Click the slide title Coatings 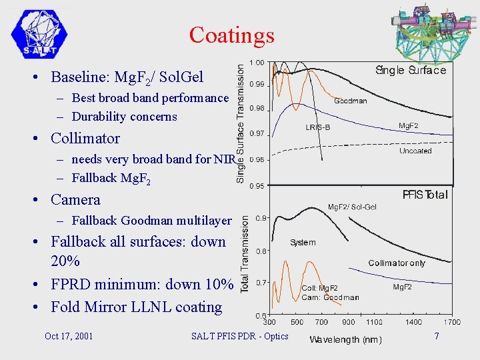(x=231, y=35)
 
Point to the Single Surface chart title (x=411, y=70)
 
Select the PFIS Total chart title (x=425, y=195)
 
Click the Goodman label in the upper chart (x=350, y=101)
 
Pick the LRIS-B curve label (x=319, y=127)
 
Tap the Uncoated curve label (x=415, y=151)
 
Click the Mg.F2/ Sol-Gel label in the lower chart (x=352, y=207)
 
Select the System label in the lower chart (x=303, y=243)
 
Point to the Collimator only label (x=397, y=263)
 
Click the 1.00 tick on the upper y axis (x=256, y=63)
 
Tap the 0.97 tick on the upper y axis (x=256, y=134)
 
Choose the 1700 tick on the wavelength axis (x=453, y=322)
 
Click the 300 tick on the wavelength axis (x=269, y=322)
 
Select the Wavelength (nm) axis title (x=345, y=339)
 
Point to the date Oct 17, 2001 (x=69, y=336)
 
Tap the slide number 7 (x=437, y=336)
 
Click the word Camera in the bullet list (x=75, y=199)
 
